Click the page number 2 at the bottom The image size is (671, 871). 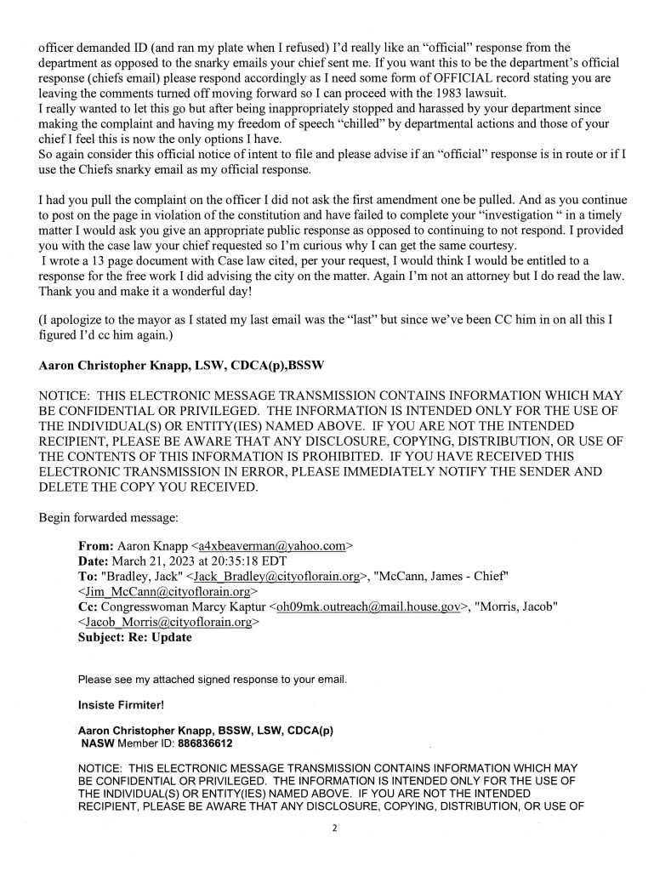pos(335,824)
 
